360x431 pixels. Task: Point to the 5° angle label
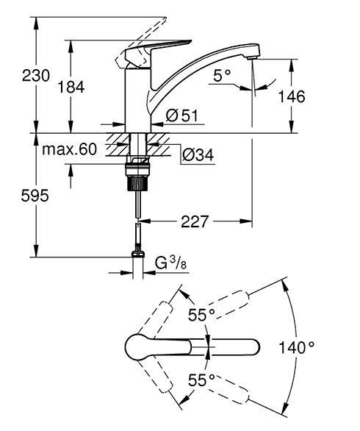[x=221, y=75]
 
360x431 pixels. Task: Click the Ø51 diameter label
[x=180, y=116]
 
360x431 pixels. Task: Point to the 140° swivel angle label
[x=297, y=346]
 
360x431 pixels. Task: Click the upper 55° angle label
[x=201, y=316]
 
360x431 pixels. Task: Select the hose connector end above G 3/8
[x=137, y=255]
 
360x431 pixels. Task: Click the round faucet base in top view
[x=139, y=346]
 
